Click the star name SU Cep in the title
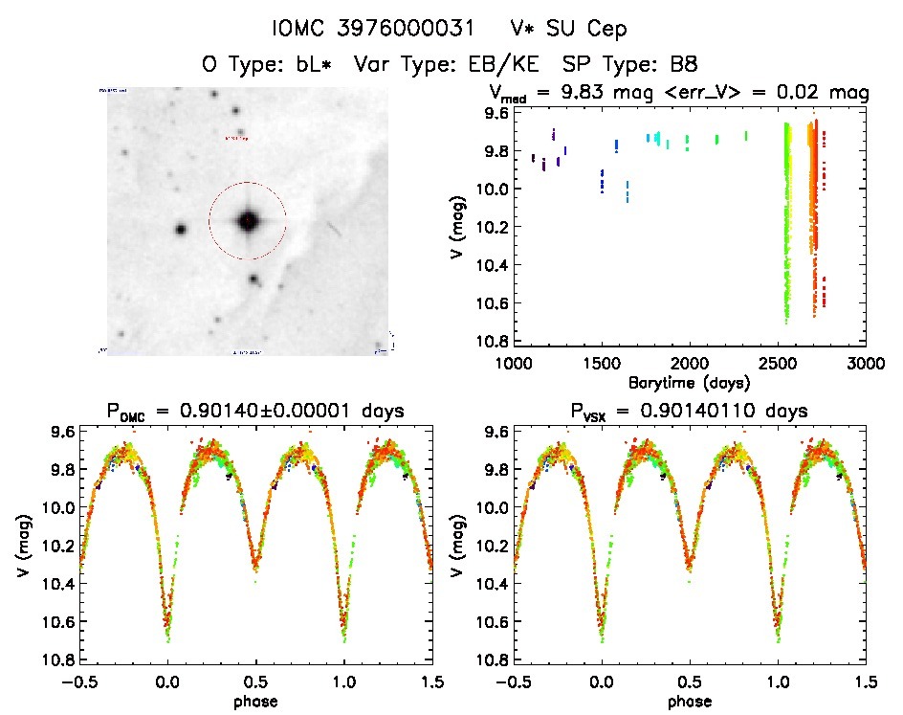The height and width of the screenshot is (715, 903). click(x=584, y=31)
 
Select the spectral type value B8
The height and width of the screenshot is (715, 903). click(x=683, y=65)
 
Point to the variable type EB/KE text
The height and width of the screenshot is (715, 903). click(x=495, y=65)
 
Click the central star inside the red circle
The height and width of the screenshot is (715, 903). click(x=248, y=221)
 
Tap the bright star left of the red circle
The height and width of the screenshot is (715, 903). click(x=180, y=230)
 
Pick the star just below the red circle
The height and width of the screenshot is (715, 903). click(x=254, y=279)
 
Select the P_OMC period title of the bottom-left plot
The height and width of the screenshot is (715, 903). click(x=256, y=411)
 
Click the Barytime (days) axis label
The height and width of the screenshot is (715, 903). click(x=689, y=382)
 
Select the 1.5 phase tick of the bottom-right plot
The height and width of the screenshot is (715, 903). click(x=865, y=681)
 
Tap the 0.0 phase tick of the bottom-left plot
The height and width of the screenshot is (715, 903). click(x=168, y=681)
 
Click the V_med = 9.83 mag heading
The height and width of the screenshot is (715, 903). click(x=679, y=94)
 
